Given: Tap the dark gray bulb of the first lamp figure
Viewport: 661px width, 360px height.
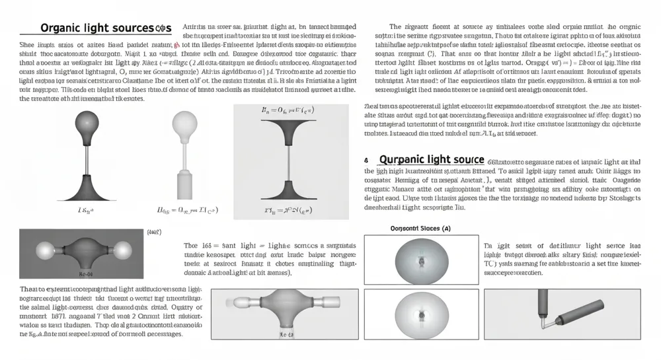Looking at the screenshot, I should (x=89, y=122).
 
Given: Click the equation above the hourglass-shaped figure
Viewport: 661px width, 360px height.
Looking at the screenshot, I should (x=289, y=113).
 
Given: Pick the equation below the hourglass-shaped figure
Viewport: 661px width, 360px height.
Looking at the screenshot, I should (x=289, y=209).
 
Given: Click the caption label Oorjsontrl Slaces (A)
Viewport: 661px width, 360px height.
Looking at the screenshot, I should (x=416, y=229).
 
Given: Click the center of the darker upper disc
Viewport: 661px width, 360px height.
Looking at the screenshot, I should (x=420, y=260).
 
